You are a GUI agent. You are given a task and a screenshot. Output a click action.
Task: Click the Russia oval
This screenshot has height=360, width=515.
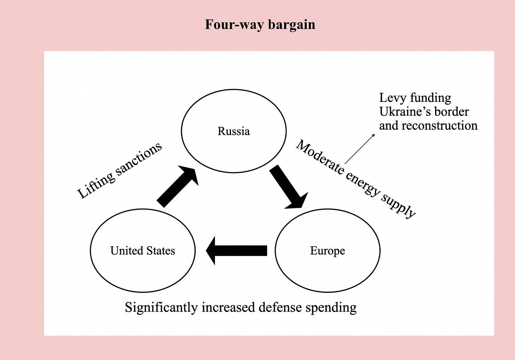(x=233, y=131)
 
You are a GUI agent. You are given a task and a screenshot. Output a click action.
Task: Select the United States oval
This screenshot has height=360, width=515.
(x=143, y=251)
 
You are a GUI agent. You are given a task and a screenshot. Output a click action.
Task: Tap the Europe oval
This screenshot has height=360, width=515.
(x=328, y=251)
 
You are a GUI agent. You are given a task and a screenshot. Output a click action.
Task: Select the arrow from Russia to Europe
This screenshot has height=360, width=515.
(x=288, y=187)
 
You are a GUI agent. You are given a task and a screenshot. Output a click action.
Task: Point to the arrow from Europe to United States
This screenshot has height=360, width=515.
(x=237, y=251)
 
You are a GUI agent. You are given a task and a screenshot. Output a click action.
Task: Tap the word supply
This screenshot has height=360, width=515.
(x=398, y=206)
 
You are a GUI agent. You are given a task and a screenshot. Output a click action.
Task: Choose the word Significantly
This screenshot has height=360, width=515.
(x=161, y=307)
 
